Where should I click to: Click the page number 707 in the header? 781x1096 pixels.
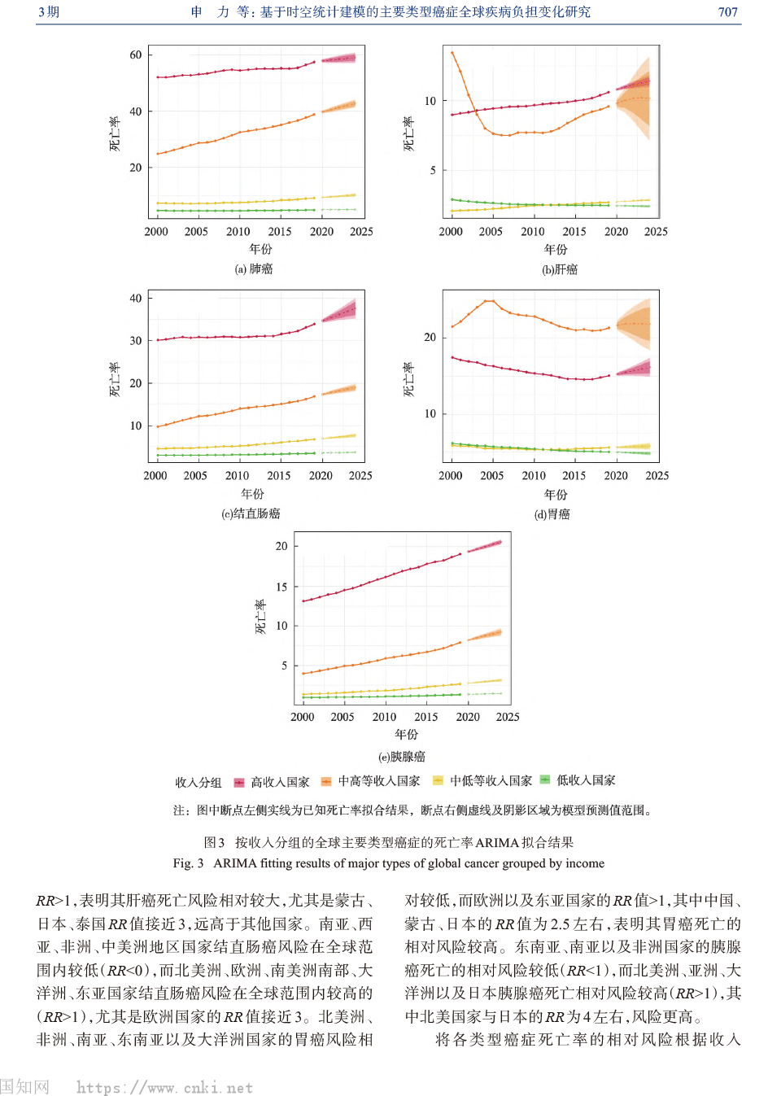point(727,12)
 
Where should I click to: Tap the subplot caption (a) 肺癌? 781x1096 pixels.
point(254,269)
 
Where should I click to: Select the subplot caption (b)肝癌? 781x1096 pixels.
point(560,270)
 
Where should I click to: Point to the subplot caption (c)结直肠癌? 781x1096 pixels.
point(251,514)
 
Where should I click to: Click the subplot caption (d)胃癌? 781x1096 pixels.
point(552,514)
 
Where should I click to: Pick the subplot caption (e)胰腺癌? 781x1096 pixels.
point(402,757)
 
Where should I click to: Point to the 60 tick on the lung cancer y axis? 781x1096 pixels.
point(136,55)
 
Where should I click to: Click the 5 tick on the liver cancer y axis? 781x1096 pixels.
point(433,171)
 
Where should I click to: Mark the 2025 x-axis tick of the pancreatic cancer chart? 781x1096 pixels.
point(508,717)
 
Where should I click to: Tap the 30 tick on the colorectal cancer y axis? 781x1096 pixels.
point(136,341)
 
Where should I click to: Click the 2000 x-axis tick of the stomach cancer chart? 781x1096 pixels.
point(451,476)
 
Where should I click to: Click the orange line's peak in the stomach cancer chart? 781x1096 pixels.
point(488,301)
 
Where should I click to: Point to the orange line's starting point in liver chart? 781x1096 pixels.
point(452,53)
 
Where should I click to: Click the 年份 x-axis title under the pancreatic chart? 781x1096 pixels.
point(406,735)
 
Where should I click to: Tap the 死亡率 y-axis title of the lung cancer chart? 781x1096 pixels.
point(115,133)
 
